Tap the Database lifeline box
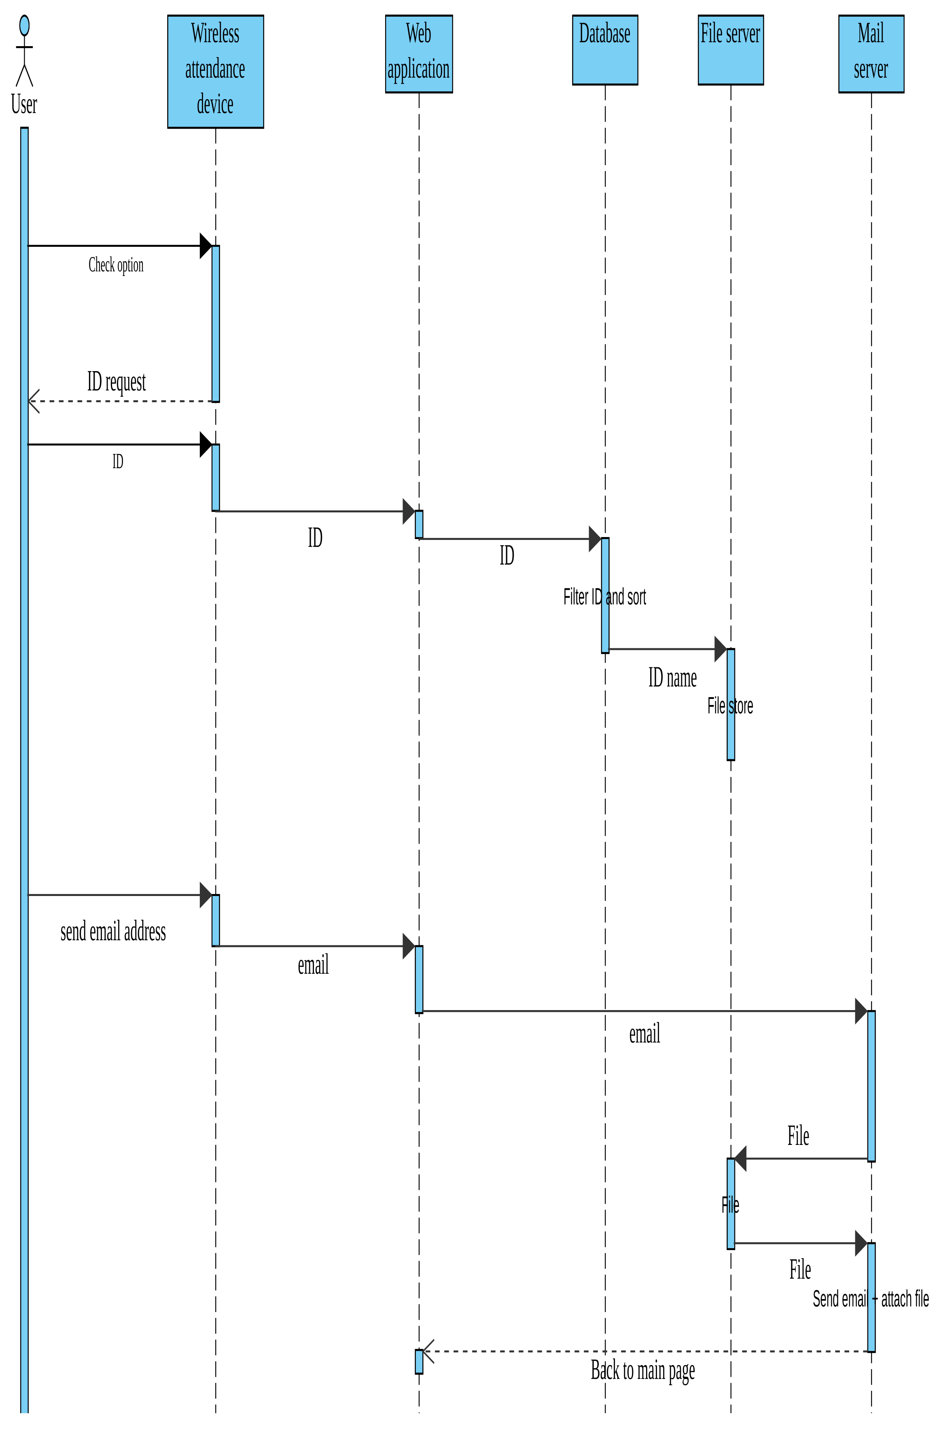click(x=605, y=50)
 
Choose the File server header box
click(x=730, y=50)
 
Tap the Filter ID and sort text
click(x=604, y=597)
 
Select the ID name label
click(x=672, y=678)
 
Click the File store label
click(x=730, y=705)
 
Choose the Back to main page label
click(x=643, y=1371)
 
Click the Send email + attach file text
click(x=870, y=1299)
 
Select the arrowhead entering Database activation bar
click(x=595, y=539)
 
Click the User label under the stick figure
click(x=24, y=104)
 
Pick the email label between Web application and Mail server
click(x=644, y=1034)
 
